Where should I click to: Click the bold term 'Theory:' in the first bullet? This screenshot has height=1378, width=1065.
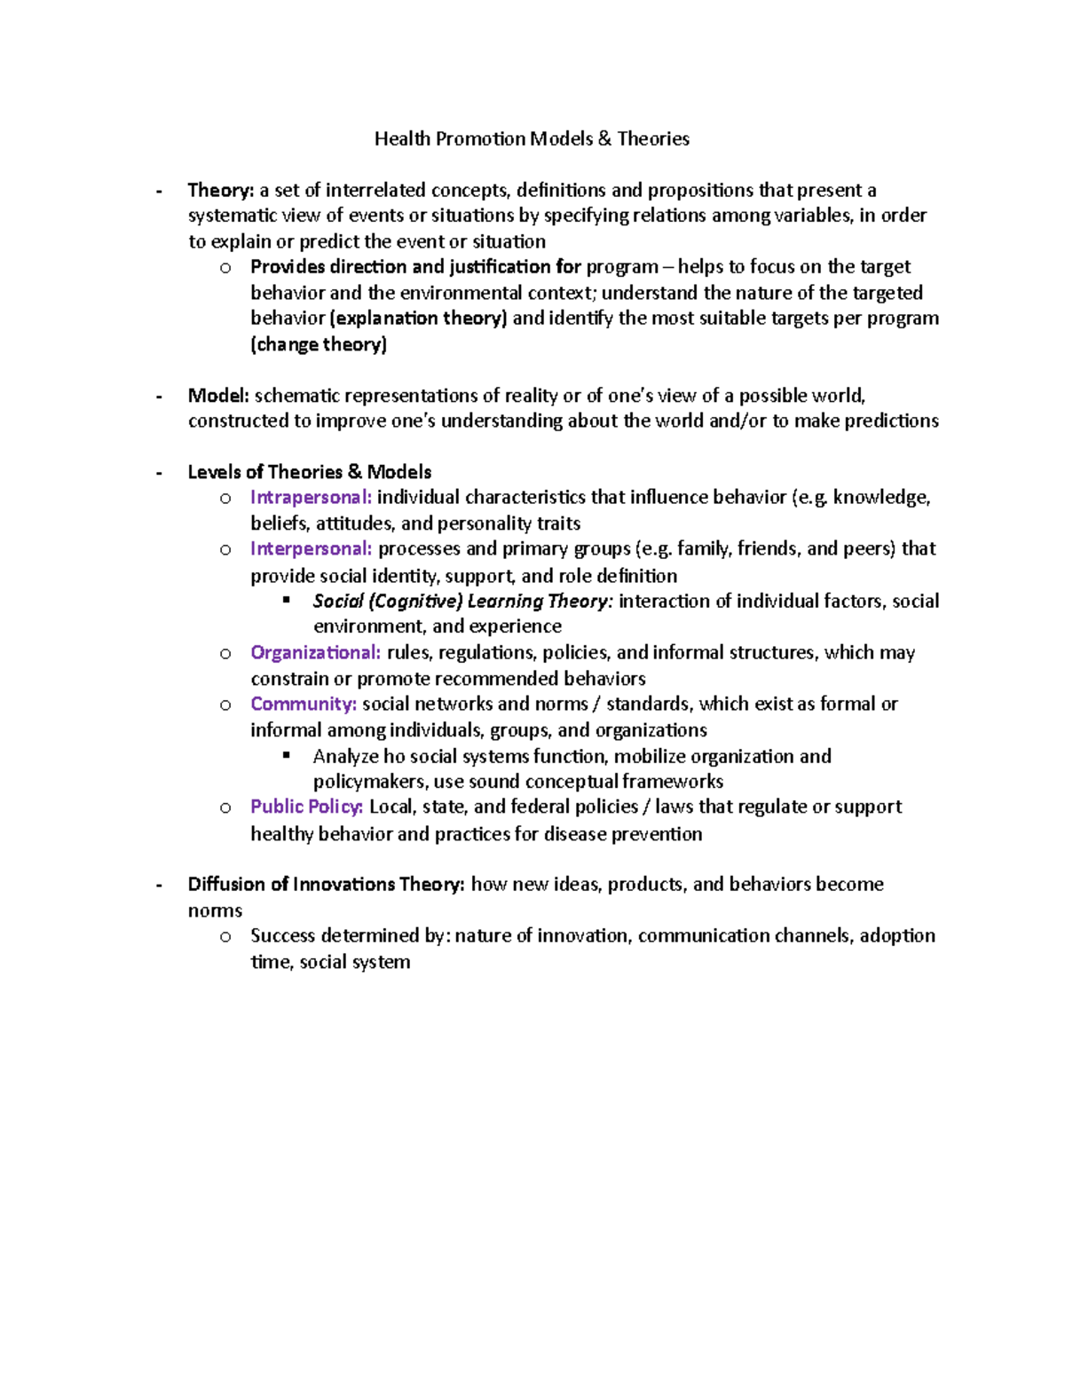click(x=221, y=190)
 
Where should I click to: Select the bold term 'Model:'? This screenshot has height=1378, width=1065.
click(x=218, y=396)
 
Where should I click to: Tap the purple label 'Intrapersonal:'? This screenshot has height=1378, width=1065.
click(x=311, y=497)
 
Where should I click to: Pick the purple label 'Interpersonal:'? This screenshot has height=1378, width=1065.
click(x=311, y=548)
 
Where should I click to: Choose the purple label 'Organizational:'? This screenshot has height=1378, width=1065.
click(x=315, y=652)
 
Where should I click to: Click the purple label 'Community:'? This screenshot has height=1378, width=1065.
click(x=304, y=704)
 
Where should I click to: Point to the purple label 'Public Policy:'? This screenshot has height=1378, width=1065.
click(x=306, y=807)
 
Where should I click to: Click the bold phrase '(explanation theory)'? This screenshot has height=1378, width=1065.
click(x=418, y=319)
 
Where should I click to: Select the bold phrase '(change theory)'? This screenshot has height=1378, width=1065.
click(x=319, y=344)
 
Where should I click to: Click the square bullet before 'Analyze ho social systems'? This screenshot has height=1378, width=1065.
click(x=287, y=755)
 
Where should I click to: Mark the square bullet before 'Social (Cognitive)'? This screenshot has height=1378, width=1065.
click(x=287, y=600)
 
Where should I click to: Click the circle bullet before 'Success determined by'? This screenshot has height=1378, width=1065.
click(x=225, y=936)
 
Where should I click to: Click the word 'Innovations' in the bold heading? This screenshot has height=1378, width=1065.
click(x=343, y=884)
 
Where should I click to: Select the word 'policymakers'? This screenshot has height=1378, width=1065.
click(x=369, y=782)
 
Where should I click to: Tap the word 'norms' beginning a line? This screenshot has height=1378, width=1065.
click(x=215, y=910)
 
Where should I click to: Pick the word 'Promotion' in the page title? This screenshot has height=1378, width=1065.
click(x=480, y=138)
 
